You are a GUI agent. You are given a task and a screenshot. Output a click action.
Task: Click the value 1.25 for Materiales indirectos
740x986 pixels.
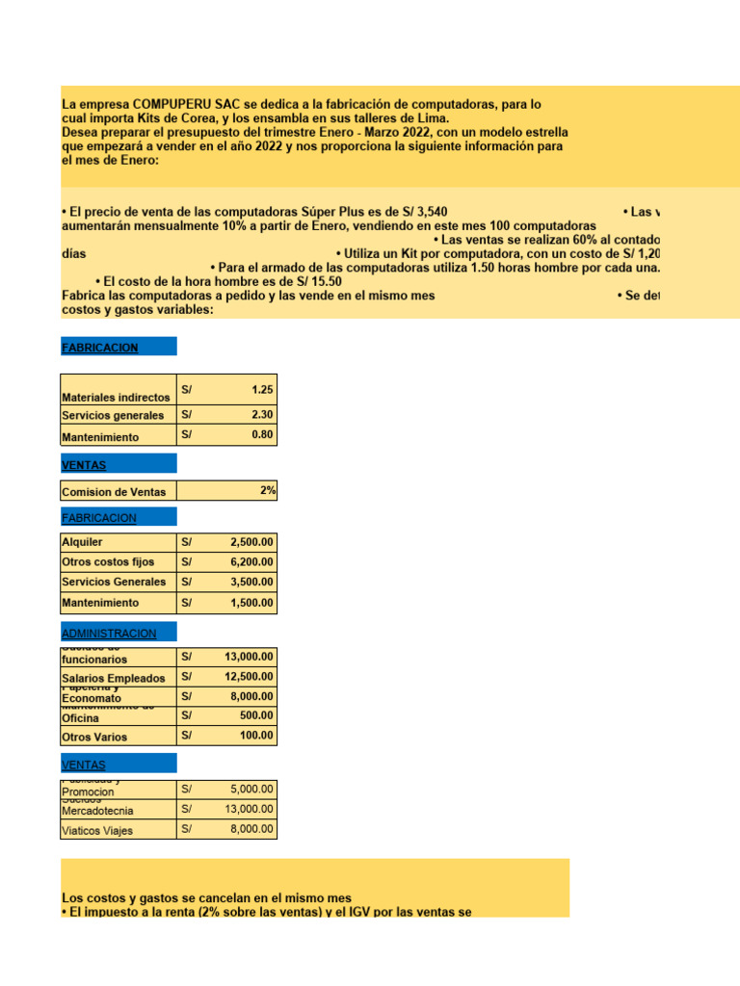(261, 390)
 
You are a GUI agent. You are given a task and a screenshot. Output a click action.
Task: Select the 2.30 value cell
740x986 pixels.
(261, 415)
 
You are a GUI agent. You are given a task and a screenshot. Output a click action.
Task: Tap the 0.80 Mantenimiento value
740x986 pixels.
(261, 435)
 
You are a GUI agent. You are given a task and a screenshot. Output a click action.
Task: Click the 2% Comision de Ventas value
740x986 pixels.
(267, 491)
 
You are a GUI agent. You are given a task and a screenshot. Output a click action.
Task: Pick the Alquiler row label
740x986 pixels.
(83, 543)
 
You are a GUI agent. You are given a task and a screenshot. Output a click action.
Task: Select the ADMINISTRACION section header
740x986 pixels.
(109, 634)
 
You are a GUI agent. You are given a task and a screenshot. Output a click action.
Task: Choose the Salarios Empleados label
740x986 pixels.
(114, 679)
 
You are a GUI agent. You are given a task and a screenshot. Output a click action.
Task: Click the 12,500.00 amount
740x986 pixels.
(249, 678)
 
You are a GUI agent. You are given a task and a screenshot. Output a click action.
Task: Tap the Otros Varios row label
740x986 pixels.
(94, 738)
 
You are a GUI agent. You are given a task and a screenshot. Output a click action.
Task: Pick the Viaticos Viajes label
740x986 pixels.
(97, 831)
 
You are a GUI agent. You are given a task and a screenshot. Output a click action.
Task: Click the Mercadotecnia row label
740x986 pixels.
(98, 811)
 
